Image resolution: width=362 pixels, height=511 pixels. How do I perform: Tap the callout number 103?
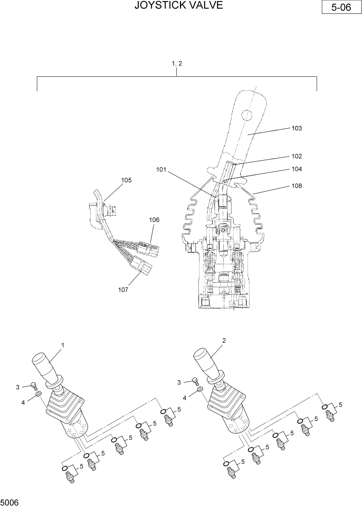pos(297,128)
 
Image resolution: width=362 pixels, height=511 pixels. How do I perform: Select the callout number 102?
pos(297,156)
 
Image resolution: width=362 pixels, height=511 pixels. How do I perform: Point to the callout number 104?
pos(297,168)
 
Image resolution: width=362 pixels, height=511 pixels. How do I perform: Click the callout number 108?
pos(297,185)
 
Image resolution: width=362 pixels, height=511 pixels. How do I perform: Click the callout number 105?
pos(126,180)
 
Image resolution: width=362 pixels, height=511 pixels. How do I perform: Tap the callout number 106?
pos(154,220)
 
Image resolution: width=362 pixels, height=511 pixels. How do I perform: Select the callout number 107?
pos(123,289)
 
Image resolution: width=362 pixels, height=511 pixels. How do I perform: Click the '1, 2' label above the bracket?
pos(177,63)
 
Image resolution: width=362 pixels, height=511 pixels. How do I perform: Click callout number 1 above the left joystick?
pos(63,344)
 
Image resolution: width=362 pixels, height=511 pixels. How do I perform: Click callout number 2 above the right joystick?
pos(224,340)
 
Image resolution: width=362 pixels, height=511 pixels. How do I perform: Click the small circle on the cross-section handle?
pos(247,114)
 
